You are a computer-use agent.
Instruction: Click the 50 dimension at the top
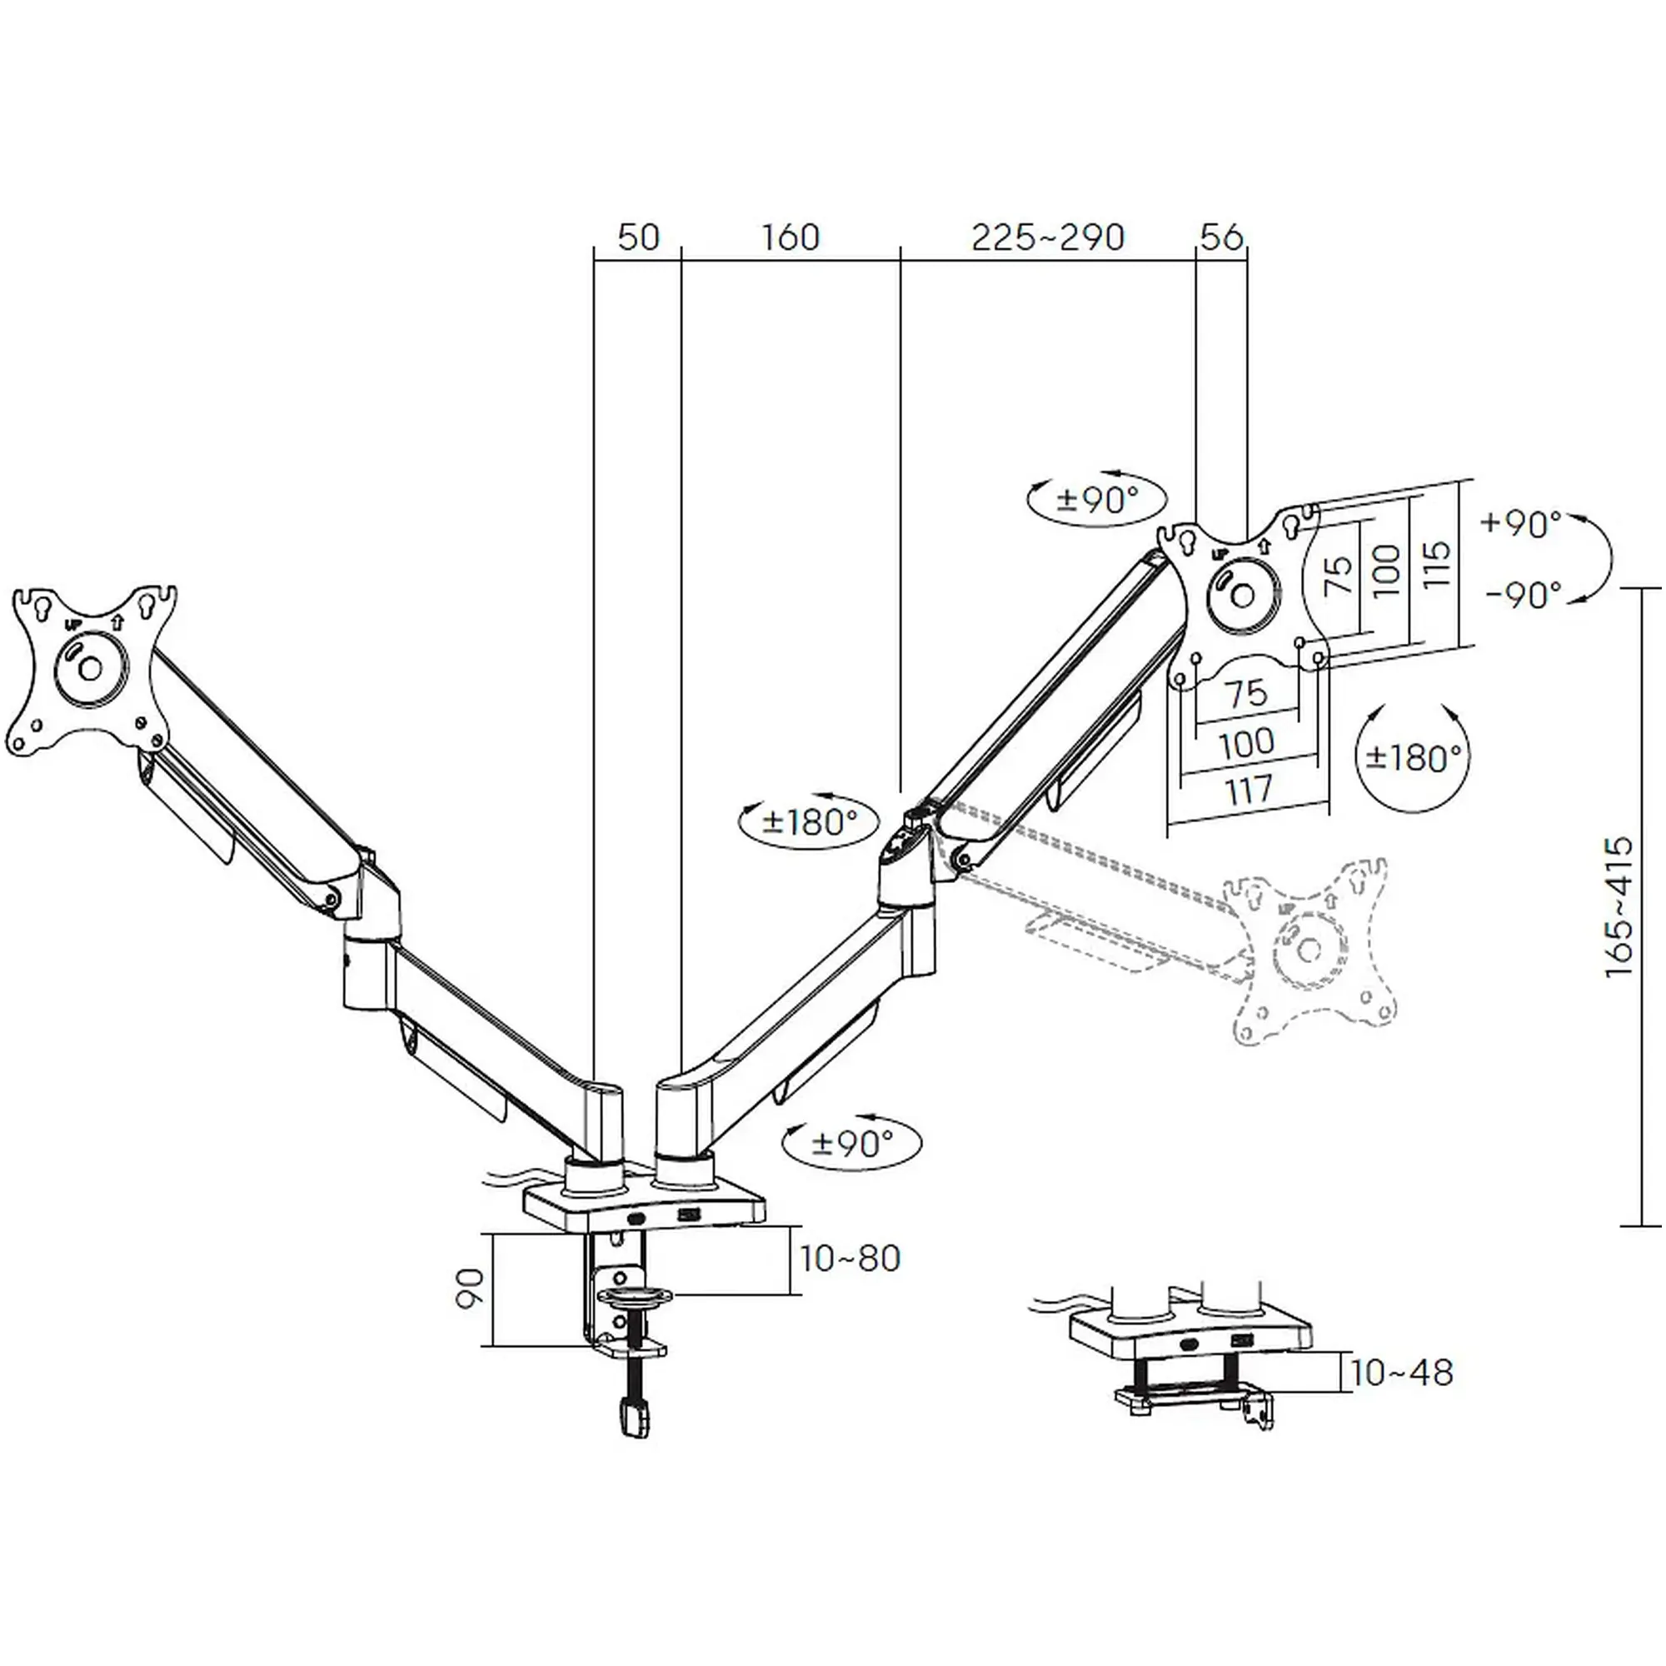[x=638, y=238]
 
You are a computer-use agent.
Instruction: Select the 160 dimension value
[x=790, y=238]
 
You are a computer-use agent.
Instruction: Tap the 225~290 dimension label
[x=1048, y=238]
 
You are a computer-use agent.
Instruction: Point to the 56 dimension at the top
[x=1222, y=238]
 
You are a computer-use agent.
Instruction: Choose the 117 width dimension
[x=1249, y=790]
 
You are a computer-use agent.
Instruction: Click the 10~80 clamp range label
[x=850, y=1258]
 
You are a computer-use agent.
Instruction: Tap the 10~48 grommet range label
[x=1402, y=1372]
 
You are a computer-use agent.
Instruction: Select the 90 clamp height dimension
[x=470, y=1289]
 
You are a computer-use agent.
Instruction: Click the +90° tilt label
[x=1521, y=522]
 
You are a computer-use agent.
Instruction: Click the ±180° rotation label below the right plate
[x=1415, y=758]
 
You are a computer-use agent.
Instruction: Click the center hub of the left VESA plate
[x=91, y=667]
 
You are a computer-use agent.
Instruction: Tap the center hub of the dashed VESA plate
[x=1309, y=950]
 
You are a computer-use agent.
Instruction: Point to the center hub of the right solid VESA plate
[x=1243, y=595]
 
